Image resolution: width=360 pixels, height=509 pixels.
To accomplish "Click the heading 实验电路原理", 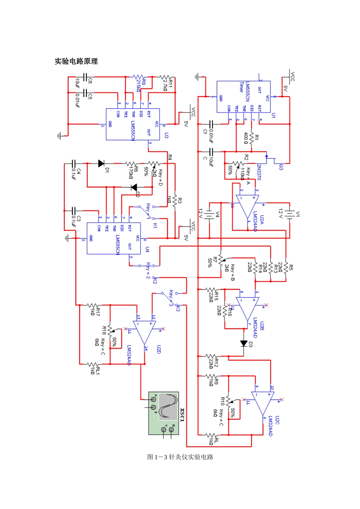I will pos(76,61).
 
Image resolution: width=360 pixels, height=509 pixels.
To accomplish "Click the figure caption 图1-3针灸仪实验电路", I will pos(180,457).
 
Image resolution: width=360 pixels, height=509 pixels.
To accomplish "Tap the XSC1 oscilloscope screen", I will pos(167,406).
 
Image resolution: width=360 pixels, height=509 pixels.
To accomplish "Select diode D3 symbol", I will pos(243,343).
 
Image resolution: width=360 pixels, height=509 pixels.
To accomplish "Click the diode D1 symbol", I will pos(101,163).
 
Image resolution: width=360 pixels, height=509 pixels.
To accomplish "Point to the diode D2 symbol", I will pos(134,187).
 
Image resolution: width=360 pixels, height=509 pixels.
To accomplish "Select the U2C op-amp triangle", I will pos(263,403).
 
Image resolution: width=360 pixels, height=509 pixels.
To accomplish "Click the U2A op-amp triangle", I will pos(247,206).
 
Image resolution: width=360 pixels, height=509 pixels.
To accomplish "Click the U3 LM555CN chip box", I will pos(133,124).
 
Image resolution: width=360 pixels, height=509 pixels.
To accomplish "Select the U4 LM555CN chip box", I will pos(114,238).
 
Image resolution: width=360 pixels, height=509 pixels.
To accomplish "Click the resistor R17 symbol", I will pos(93,305).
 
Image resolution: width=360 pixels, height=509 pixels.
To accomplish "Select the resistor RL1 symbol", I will pos(93,364).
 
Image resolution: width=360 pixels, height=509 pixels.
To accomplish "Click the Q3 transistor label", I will pos(281,167).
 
